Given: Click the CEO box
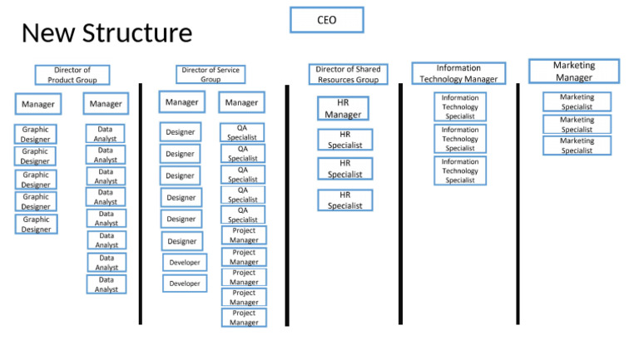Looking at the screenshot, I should (x=326, y=20).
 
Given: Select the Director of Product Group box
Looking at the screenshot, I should (x=72, y=75).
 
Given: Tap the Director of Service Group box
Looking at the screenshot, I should (x=211, y=75).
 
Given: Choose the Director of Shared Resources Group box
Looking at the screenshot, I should (x=348, y=74).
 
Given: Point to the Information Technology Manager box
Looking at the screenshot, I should (x=458, y=73).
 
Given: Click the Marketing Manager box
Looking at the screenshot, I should (x=574, y=72).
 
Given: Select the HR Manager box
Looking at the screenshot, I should (x=343, y=109).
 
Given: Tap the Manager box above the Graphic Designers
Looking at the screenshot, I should (x=37, y=104).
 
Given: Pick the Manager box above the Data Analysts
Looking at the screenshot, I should (x=106, y=104).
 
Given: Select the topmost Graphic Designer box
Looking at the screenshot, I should (x=36, y=135).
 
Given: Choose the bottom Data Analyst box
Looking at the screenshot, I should (x=106, y=284).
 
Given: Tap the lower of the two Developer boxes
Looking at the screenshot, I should (x=185, y=284).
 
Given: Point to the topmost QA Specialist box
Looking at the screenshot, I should (x=242, y=132).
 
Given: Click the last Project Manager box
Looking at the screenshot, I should (x=244, y=318).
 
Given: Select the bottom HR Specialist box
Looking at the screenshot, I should (x=344, y=200).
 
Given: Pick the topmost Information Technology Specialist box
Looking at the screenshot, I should (x=459, y=107).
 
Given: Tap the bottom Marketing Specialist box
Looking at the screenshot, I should (x=577, y=145).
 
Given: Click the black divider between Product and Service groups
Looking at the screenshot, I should (x=141, y=204).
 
